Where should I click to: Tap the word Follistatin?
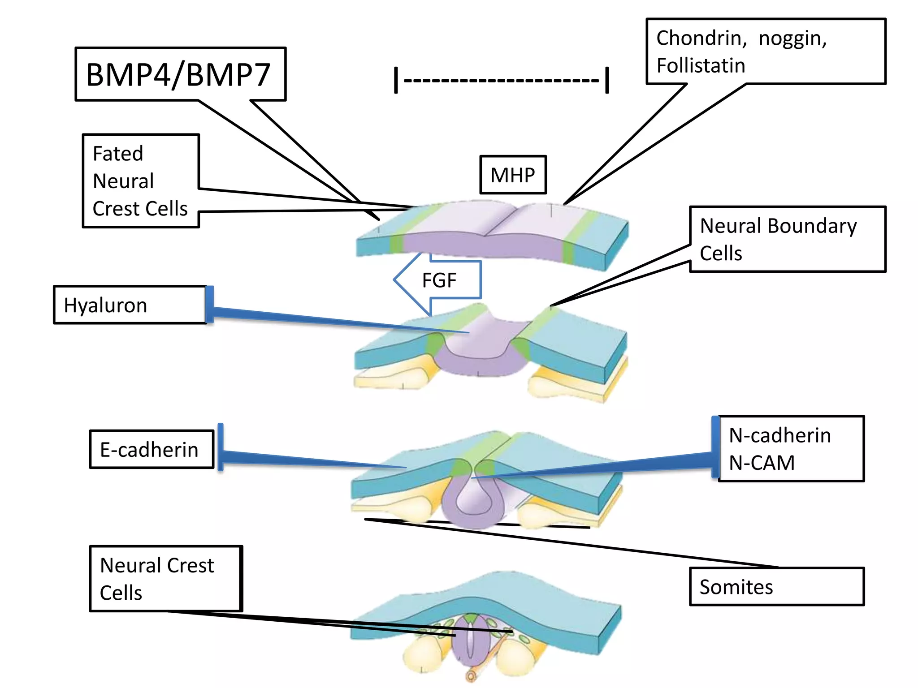(701, 66)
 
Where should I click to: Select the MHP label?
(513, 175)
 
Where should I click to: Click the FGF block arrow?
(438, 280)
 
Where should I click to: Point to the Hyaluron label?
(106, 305)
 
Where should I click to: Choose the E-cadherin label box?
(150, 450)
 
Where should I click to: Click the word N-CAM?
(762, 463)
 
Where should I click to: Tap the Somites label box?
(736, 587)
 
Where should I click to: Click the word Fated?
(118, 154)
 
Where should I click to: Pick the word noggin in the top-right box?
(792, 39)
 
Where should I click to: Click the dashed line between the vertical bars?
(501, 81)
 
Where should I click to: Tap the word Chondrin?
(701, 38)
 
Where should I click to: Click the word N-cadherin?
(780, 435)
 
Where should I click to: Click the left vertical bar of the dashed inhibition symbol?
(396, 80)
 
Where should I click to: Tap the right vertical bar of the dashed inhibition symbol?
(607, 80)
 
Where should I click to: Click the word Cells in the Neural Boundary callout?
(721, 254)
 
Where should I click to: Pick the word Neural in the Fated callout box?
(123, 181)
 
